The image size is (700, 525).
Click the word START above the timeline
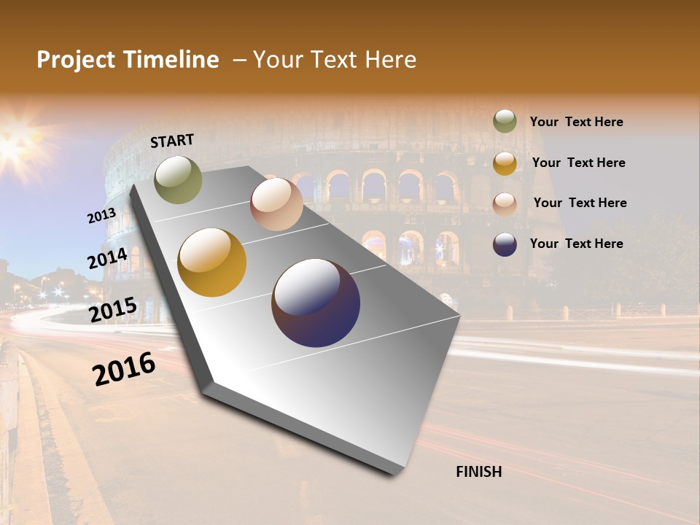coord(172,141)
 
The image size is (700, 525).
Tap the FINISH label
coord(478,472)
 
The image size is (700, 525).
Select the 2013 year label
coord(101,216)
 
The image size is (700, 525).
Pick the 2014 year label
coord(107,258)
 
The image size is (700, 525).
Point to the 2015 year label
coord(112,310)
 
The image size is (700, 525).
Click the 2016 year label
coord(124,369)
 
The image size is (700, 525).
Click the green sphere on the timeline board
coord(178,179)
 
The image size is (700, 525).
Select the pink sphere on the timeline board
coord(276,203)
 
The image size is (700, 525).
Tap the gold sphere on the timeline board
coord(211,262)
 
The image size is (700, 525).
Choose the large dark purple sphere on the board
coord(316,303)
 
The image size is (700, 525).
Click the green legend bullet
coord(505,122)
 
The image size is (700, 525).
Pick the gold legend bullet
coord(505,163)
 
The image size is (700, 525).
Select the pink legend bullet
coord(505,203)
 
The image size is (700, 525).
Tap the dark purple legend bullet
coord(505,244)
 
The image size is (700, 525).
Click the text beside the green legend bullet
coord(576,122)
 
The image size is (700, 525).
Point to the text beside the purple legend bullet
coord(576,244)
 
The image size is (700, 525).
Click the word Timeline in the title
coord(172,60)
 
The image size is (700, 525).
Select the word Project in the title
coord(76,60)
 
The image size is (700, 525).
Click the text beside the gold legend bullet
coord(578,163)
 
